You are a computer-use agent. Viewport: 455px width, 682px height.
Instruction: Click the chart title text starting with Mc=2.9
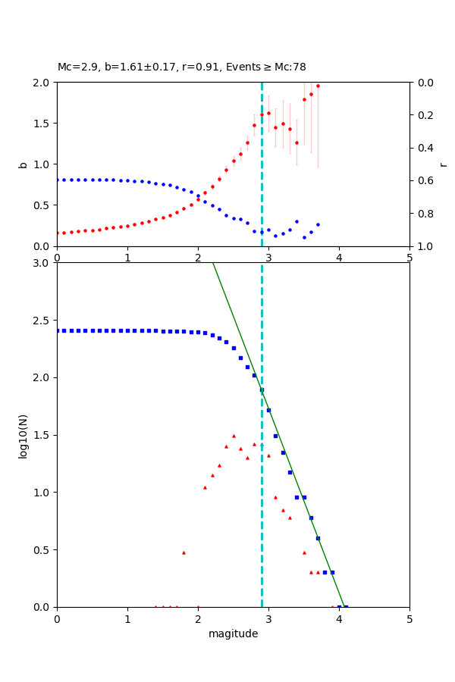[182, 67]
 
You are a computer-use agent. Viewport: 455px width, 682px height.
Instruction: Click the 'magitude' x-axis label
[233, 634]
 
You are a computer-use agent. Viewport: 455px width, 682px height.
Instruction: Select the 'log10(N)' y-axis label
[24, 435]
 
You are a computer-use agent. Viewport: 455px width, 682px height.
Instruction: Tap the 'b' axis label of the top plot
[24, 164]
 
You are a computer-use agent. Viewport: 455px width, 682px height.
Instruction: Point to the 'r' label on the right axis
[443, 164]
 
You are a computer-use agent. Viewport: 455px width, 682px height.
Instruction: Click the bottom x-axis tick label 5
[409, 618]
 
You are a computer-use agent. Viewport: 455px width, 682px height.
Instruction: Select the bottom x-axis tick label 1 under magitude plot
[127, 618]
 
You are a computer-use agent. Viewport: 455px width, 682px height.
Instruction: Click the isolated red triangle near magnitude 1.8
[184, 552]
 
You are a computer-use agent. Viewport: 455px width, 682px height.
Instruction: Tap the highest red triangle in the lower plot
[234, 436]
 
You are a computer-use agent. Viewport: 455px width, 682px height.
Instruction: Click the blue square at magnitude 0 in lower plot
[58, 330]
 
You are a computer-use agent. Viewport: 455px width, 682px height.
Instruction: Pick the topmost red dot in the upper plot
[318, 86]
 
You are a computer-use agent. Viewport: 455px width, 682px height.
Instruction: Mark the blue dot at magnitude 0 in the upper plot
[58, 180]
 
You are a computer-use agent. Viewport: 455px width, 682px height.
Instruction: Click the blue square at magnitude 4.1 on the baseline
[346, 606]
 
